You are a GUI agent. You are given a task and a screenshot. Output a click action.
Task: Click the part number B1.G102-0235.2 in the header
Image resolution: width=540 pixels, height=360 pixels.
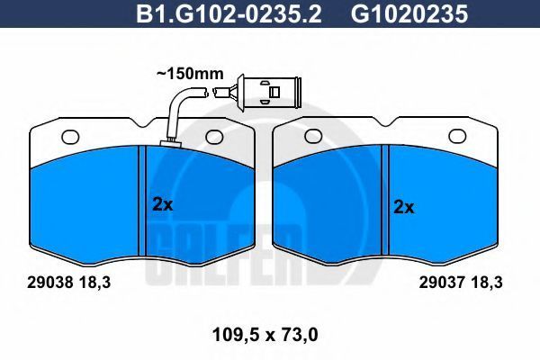pos(229,13)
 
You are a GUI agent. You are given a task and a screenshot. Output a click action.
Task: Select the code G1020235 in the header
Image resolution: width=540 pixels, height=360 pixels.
pos(409,13)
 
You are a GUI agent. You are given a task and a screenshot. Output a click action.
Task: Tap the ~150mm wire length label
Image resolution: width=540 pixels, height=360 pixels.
pos(190,74)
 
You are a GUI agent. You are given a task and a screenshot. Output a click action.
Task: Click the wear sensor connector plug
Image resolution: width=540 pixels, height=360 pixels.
pos(268,93)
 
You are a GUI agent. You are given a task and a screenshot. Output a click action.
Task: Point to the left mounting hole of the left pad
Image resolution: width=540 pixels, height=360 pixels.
pos(70,137)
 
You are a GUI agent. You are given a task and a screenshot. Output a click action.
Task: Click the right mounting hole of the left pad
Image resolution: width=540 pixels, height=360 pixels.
pos(214,137)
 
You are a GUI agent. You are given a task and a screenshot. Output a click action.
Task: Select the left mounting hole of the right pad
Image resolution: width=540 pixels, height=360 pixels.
pos(313,136)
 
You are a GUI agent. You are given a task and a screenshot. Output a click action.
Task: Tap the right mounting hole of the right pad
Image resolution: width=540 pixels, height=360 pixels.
pos(458,136)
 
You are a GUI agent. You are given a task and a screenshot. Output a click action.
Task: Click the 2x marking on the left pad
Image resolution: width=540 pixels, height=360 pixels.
pos(163,204)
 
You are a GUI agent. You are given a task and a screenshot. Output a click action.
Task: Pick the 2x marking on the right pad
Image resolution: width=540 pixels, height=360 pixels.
pos(404,207)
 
